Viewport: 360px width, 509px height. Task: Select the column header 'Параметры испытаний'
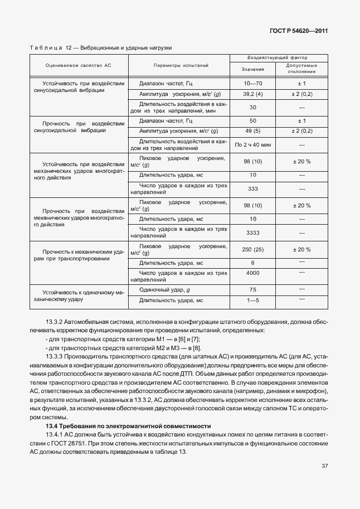[x=181, y=65]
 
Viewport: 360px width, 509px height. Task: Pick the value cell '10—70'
[x=253, y=83]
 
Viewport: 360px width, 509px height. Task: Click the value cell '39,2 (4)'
[x=253, y=94]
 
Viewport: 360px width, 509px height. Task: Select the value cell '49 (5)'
[x=253, y=131]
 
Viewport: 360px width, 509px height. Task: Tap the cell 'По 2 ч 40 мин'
[x=253, y=145]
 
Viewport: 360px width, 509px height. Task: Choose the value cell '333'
[x=253, y=188]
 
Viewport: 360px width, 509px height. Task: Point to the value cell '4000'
[x=253, y=273]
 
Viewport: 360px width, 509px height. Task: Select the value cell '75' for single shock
[x=253, y=289]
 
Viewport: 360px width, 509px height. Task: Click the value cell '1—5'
[x=253, y=300]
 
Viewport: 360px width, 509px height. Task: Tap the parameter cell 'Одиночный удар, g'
[x=165, y=289]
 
